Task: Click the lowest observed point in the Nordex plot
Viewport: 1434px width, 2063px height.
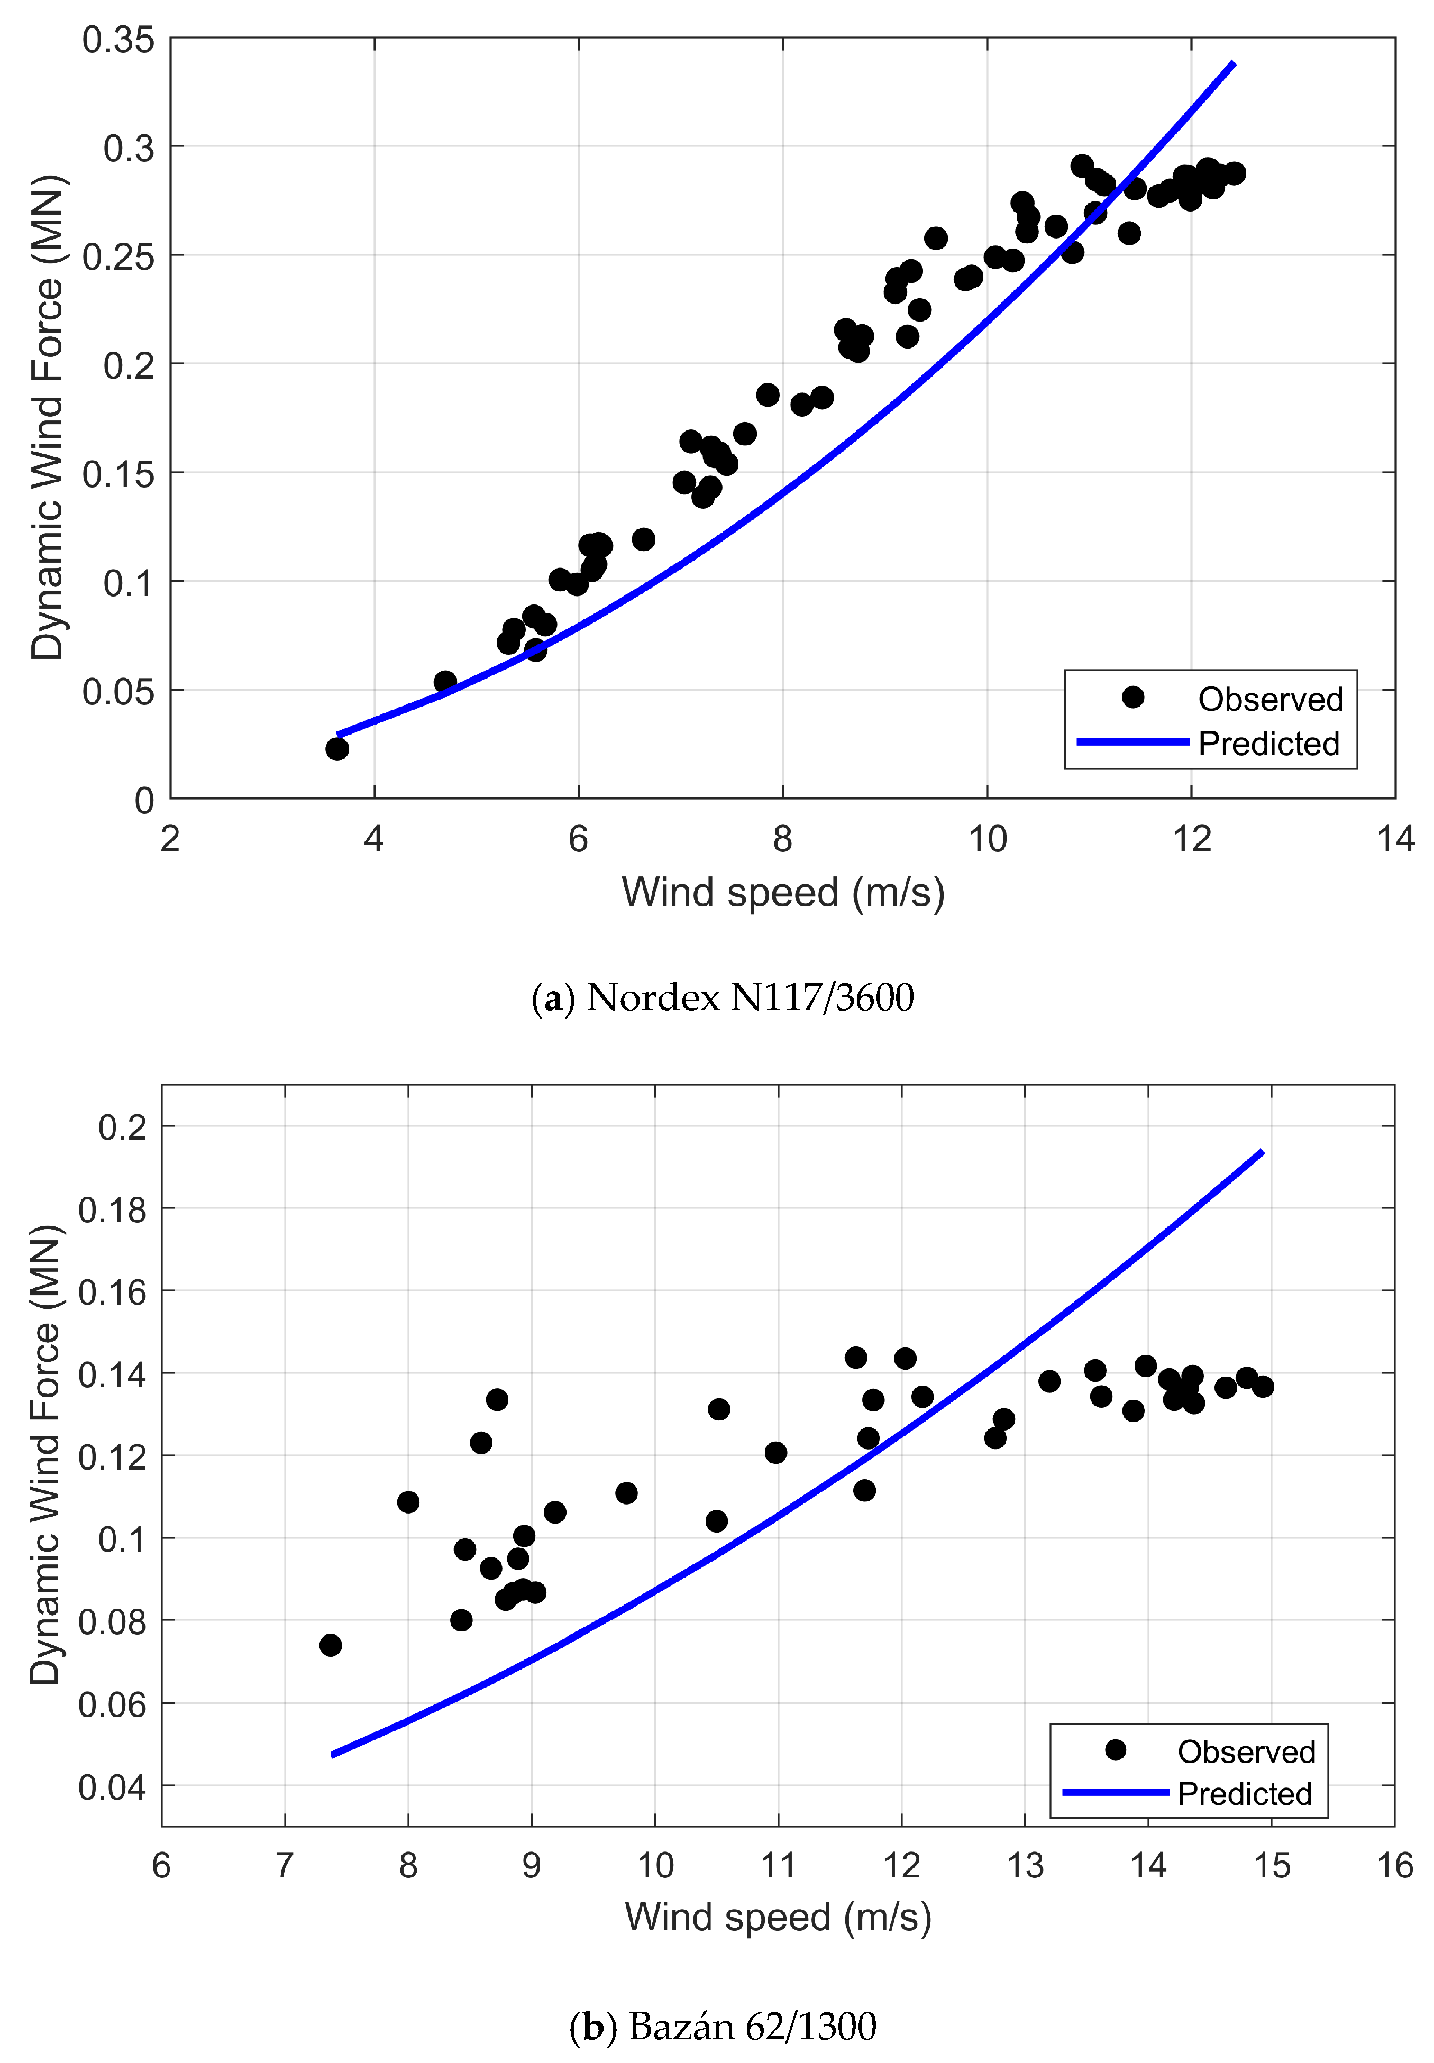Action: (337, 748)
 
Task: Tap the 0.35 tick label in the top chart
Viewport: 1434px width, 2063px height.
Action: (118, 40)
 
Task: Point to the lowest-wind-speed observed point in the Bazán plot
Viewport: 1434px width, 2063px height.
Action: (331, 1645)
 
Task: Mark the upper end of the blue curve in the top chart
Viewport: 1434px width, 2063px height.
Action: (1234, 63)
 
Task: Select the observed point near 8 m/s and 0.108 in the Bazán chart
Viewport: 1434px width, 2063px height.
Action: (408, 1502)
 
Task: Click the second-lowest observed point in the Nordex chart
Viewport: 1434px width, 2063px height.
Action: (445, 682)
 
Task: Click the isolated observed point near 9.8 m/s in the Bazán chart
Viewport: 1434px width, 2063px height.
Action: (626, 1493)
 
